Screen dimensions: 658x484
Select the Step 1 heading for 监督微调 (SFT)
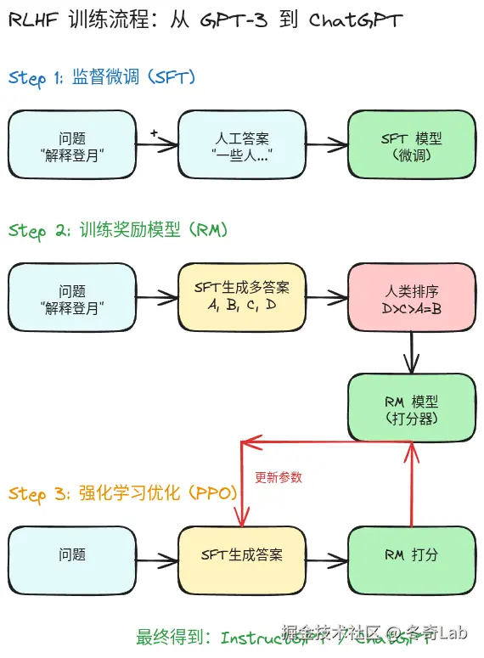tap(102, 78)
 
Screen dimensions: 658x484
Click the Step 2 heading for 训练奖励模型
tap(118, 230)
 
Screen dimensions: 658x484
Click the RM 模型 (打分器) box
tap(412, 408)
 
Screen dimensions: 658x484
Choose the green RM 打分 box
tap(412, 555)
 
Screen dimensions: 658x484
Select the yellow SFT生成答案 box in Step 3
tap(242, 555)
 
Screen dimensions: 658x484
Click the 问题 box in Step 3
tap(72, 555)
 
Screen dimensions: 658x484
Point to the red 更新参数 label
tap(279, 478)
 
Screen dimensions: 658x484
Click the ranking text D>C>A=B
tap(412, 308)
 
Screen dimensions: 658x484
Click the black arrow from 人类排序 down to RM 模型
tap(412, 351)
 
